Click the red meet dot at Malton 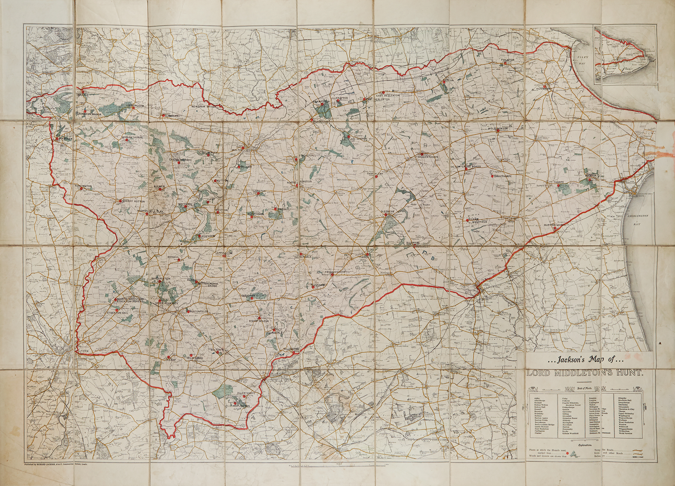tap(242, 147)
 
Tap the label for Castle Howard tap(181, 160)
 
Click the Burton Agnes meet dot tap(555, 228)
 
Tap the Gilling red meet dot tap(82, 91)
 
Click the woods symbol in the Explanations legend tap(574, 456)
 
